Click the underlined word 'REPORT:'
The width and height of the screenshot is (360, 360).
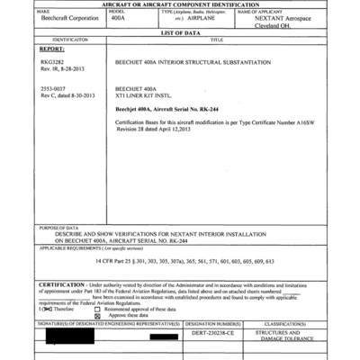tap(52, 49)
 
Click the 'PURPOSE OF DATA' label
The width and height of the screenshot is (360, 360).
tap(59, 229)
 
